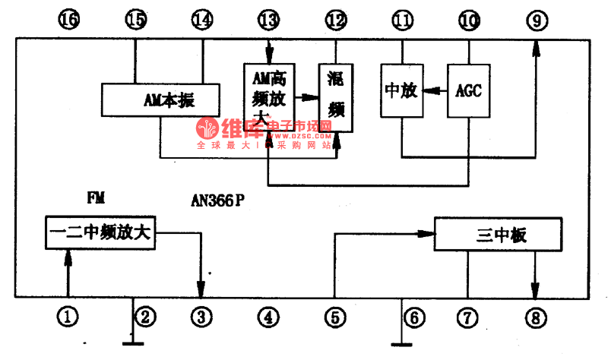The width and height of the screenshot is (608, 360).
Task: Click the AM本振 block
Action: (160, 99)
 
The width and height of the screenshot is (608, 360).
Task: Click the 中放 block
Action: (401, 91)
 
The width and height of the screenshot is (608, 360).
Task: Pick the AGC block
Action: (468, 91)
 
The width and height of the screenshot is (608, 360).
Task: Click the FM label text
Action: (96, 198)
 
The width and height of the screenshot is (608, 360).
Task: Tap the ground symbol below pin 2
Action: (134, 340)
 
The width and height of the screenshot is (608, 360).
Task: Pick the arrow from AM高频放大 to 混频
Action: (306, 97)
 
